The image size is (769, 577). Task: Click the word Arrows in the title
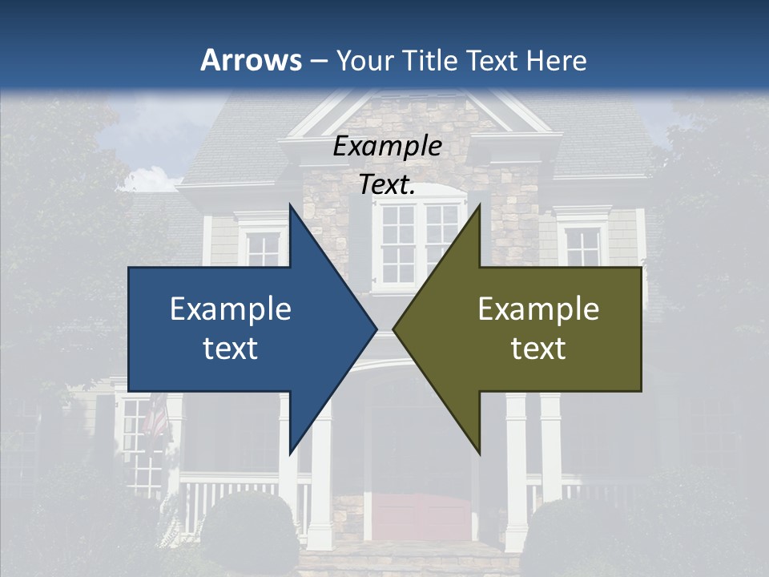(252, 60)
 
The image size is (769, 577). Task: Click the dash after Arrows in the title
(317, 61)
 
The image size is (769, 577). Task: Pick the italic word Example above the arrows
(387, 147)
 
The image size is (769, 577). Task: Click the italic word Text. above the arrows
(387, 184)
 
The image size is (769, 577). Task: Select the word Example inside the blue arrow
(231, 309)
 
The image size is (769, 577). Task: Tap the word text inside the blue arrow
(231, 349)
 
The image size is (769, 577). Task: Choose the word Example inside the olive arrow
(538, 309)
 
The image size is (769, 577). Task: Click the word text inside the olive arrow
(538, 349)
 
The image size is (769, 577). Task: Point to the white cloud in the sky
(148, 178)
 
